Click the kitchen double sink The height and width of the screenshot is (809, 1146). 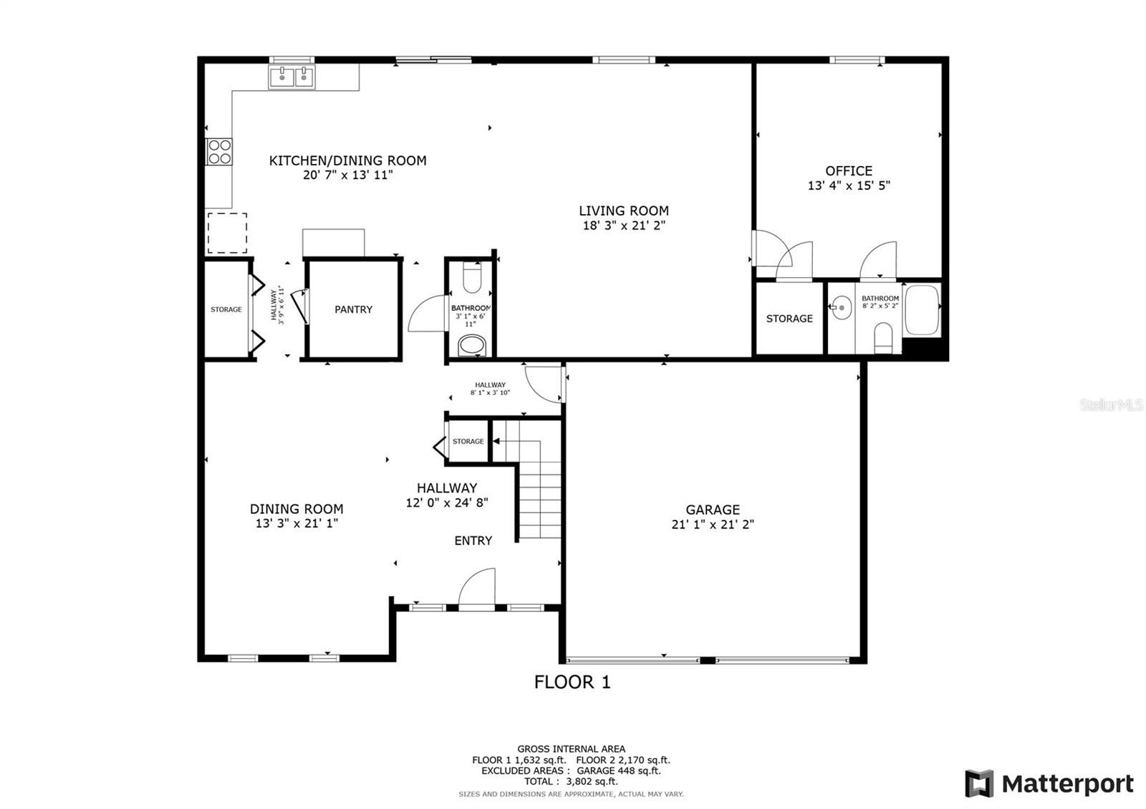click(292, 77)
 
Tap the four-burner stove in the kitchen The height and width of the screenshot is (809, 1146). click(219, 152)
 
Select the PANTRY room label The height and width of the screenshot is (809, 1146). click(354, 309)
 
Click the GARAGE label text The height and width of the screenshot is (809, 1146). click(713, 510)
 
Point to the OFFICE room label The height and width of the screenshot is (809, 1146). click(849, 171)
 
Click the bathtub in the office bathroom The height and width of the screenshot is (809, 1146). click(922, 310)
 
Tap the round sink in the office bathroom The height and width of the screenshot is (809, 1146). click(841, 308)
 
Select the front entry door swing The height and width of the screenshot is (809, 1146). click(477, 588)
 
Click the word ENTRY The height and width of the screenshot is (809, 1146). click(473, 541)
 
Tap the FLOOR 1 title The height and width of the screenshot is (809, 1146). click(572, 682)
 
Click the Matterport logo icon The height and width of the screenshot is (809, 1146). click(979, 783)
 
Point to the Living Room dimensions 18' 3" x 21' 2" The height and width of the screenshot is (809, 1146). click(624, 226)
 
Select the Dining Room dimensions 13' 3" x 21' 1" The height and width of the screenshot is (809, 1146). click(297, 523)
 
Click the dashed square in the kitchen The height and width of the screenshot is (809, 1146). click(227, 233)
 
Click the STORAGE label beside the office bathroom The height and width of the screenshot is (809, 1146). click(789, 319)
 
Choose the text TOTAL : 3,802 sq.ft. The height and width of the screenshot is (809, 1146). click(571, 781)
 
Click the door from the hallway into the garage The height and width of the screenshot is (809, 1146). click(545, 384)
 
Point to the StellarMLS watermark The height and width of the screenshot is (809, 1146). click(1111, 405)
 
